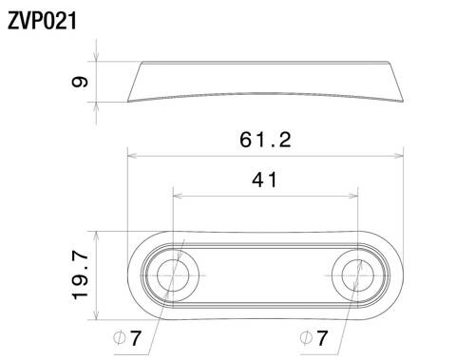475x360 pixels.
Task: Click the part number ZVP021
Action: pos(44,18)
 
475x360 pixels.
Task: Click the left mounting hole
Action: pos(173,275)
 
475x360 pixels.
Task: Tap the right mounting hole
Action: pos(357,275)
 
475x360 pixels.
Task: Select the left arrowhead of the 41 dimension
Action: pos(178,196)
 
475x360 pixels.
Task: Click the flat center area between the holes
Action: pos(265,275)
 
